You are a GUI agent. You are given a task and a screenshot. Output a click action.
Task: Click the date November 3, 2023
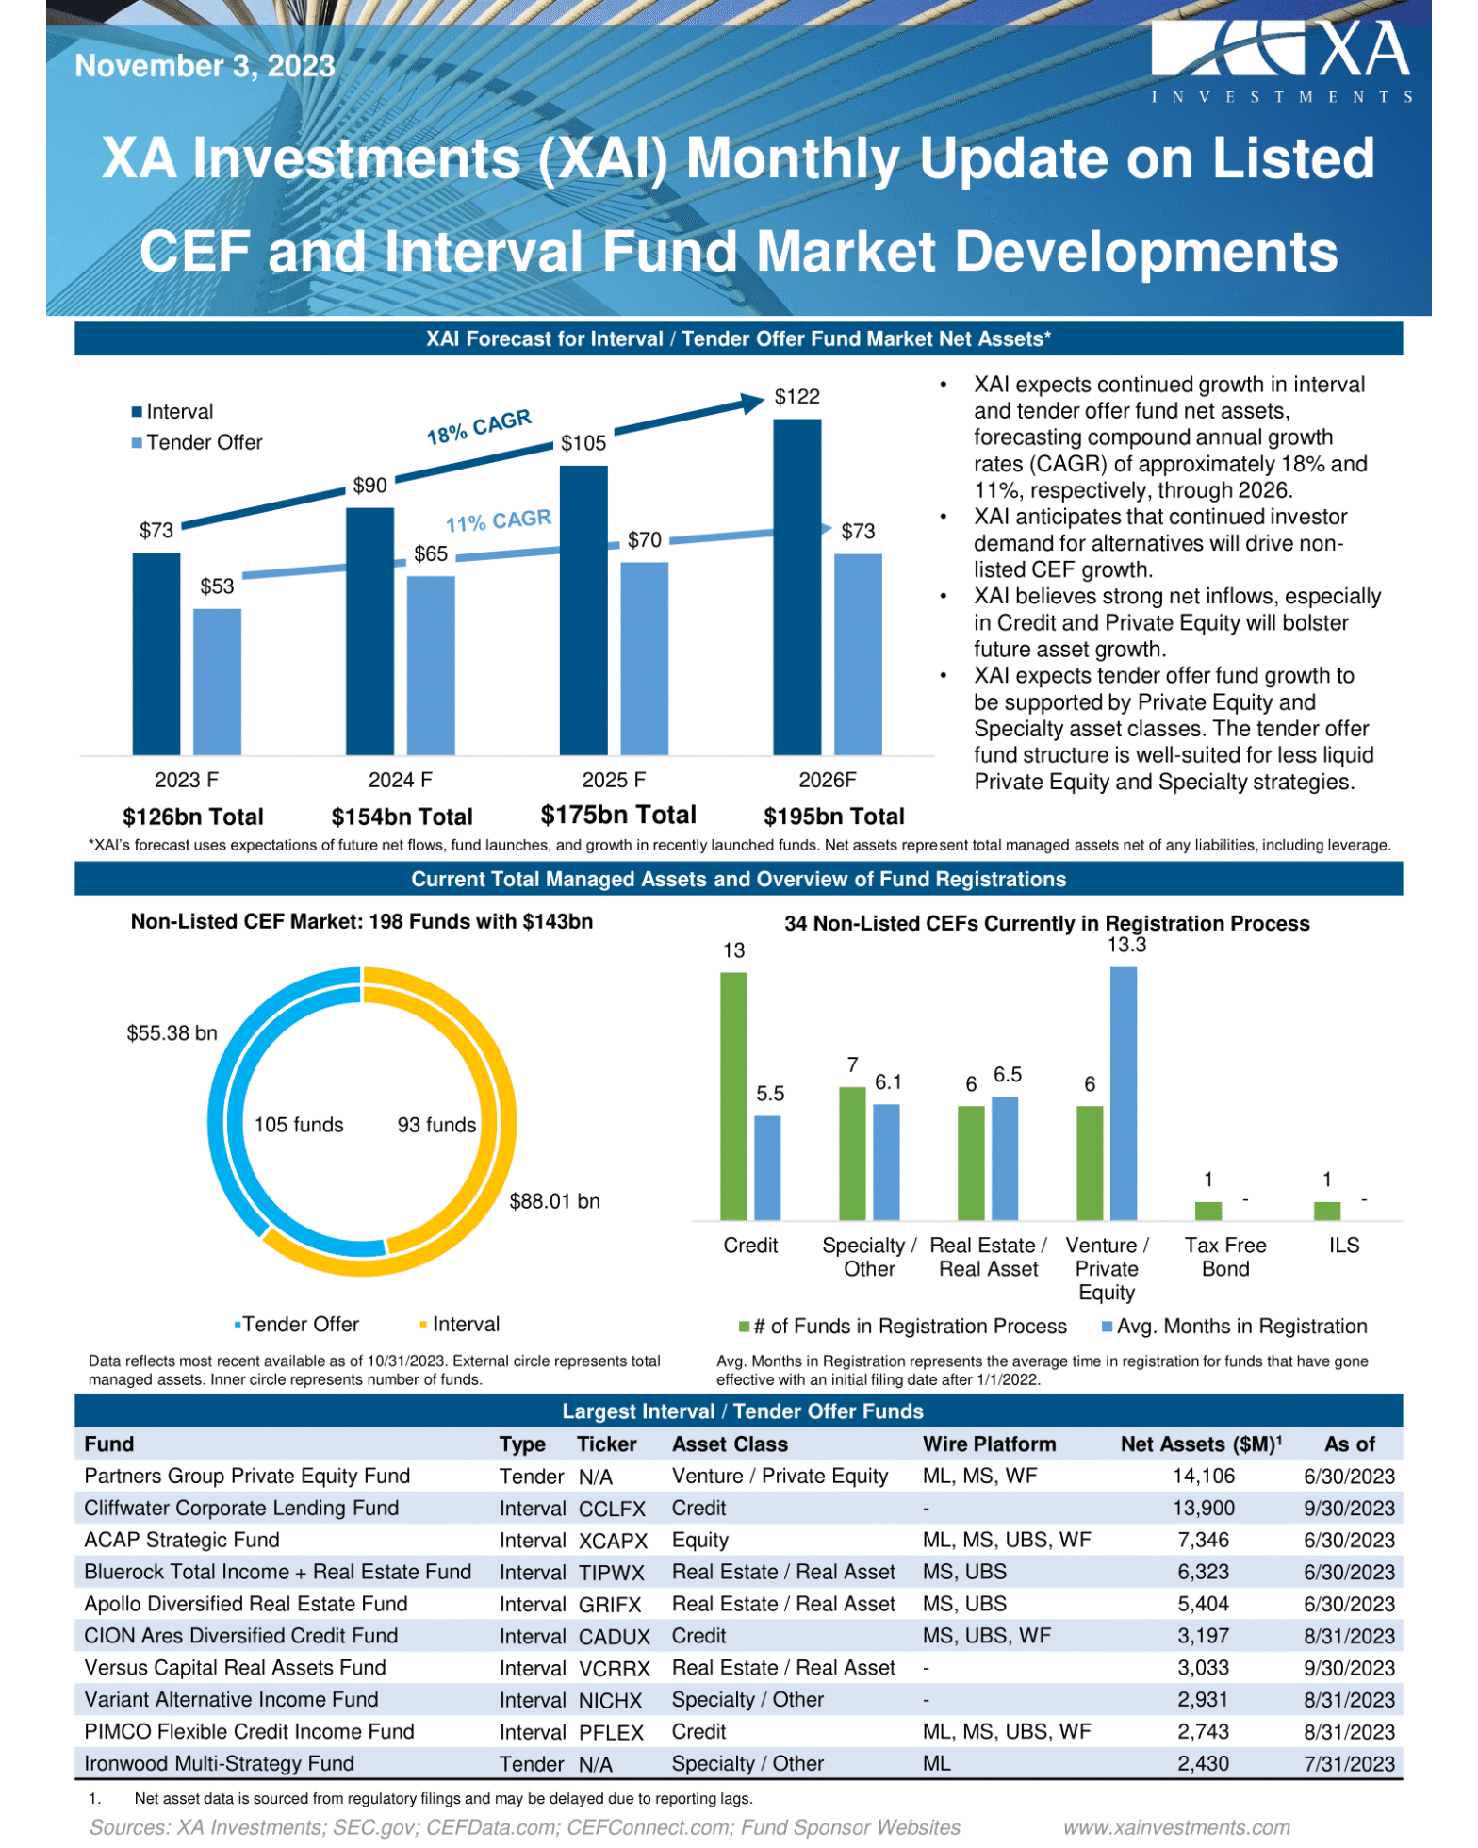pyautogui.click(x=205, y=65)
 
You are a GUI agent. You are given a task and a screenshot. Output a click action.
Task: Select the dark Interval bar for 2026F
pyautogui.click(x=796, y=586)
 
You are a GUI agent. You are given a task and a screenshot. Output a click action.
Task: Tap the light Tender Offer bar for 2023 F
pyautogui.click(x=217, y=681)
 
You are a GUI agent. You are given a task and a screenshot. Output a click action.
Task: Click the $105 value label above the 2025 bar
pyautogui.click(x=583, y=443)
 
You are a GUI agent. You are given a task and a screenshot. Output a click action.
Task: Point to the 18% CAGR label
pyautogui.click(x=479, y=426)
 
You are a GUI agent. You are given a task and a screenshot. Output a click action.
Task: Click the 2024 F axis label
pyautogui.click(x=400, y=780)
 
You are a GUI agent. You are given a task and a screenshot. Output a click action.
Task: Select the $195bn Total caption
pyautogui.click(x=833, y=817)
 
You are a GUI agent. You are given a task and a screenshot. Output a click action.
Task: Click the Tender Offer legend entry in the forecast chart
pyautogui.click(x=197, y=442)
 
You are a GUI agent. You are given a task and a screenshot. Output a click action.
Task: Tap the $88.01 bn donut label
pyautogui.click(x=554, y=1201)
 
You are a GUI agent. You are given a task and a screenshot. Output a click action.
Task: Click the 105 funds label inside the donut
pyautogui.click(x=299, y=1125)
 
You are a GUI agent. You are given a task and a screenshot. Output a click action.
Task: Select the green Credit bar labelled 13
pyautogui.click(x=733, y=1096)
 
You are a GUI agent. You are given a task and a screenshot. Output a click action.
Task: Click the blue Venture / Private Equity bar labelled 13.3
pyautogui.click(x=1123, y=1094)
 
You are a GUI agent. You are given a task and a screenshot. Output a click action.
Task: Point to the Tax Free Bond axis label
pyautogui.click(x=1225, y=1257)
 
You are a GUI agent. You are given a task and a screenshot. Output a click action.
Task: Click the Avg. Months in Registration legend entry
pyautogui.click(x=1235, y=1327)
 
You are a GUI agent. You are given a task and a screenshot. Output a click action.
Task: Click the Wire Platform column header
pyautogui.click(x=989, y=1444)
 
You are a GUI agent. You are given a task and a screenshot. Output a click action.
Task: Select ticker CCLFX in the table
pyautogui.click(x=612, y=1509)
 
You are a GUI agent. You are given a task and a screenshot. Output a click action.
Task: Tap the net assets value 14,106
pyautogui.click(x=1203, y=1477)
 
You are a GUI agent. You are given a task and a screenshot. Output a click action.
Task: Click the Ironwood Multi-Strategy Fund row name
pyautogui.click(x=219, y=1763)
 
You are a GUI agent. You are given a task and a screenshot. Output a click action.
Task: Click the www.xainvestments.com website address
pyautogui.click(x=1176, y=1827)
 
